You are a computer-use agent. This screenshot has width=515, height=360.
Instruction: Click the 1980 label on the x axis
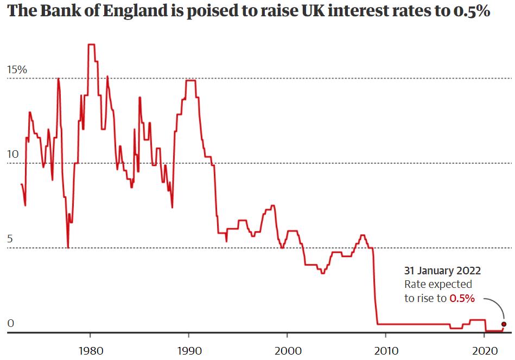(90, 349)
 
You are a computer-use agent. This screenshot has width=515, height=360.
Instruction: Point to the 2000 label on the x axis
(287, 349)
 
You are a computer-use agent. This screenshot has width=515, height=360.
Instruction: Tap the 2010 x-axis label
(385, 349)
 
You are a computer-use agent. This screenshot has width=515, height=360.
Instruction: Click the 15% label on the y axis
(16, 70)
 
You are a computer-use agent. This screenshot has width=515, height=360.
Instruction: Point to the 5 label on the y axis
(10, 239)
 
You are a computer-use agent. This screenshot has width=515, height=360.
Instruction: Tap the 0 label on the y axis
(10, 324)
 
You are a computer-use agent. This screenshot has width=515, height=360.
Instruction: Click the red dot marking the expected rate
(504, 324)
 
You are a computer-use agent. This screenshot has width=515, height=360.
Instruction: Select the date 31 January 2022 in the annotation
(442, 270)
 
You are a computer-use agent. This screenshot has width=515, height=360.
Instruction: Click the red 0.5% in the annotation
(462, 298)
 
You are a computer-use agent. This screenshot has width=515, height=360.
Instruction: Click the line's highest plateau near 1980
(92, 44)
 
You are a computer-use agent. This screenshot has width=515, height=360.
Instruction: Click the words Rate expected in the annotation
(438, 284)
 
